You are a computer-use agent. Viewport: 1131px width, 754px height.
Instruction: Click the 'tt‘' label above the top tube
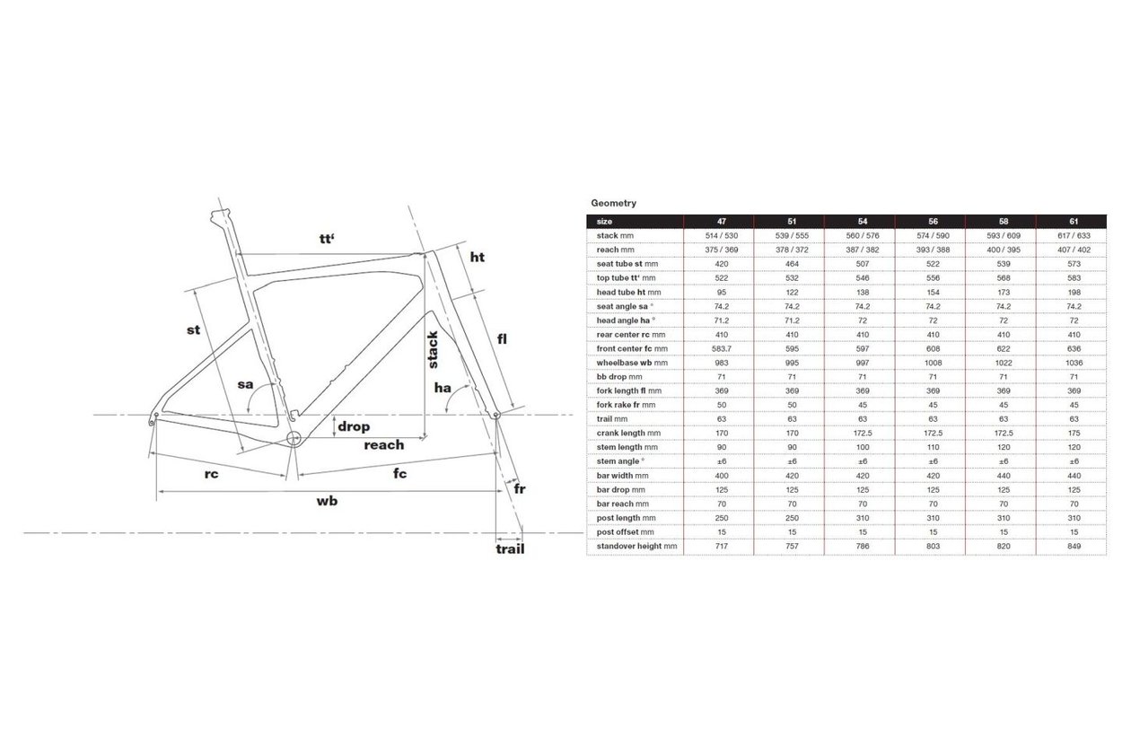click(327, 239)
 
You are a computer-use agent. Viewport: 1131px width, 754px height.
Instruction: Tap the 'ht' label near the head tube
click(478, 257)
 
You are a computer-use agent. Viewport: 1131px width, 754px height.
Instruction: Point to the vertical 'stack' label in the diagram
click(433, 349)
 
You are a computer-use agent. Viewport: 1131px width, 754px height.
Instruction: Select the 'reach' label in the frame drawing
click(384, 445)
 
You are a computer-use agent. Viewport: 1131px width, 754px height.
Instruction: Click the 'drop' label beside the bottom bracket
click(354, 426)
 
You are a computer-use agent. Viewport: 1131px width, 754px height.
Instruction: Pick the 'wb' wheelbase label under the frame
click(327, 501)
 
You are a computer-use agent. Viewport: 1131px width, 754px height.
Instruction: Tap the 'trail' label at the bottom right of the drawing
click(510, 549)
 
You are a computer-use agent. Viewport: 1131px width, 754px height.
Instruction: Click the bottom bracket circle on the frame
click(294, 438)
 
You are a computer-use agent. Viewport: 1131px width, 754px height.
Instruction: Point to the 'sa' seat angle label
click(245, 385)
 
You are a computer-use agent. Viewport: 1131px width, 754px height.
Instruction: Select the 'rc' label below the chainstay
click(211, 474)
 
